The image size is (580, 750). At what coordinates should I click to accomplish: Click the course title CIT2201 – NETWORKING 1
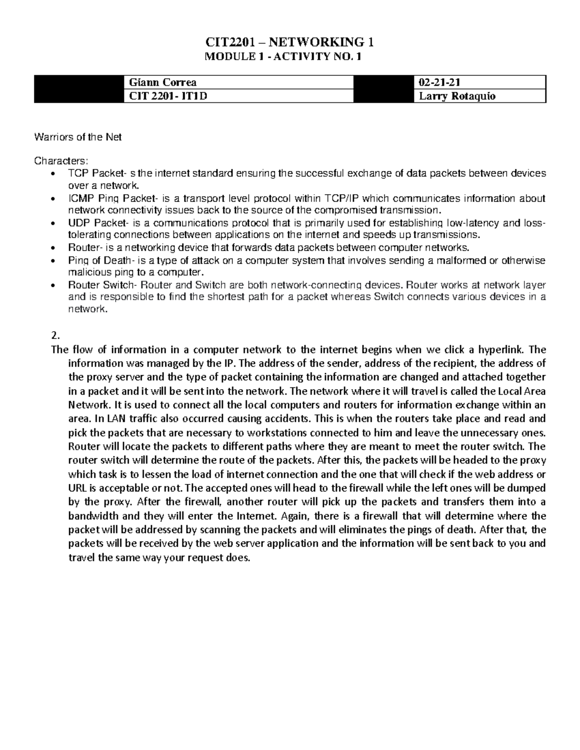point(290,42)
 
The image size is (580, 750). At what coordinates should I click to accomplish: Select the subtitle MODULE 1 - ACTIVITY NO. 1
point(290,57)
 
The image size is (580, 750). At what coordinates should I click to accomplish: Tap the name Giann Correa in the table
point(161,82)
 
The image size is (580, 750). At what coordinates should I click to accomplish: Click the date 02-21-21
point(440,82)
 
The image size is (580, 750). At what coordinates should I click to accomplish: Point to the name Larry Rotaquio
point(457,96)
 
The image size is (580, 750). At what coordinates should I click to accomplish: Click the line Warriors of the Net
point(78,137)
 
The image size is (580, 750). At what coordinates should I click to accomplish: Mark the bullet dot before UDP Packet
point(53,223)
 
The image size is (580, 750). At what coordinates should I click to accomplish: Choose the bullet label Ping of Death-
point(100,261)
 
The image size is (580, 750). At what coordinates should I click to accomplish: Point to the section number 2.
point(54,336)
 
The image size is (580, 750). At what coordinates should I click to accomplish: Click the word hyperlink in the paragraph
point(503,350)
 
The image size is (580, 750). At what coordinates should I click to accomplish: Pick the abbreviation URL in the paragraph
point(77,488)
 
